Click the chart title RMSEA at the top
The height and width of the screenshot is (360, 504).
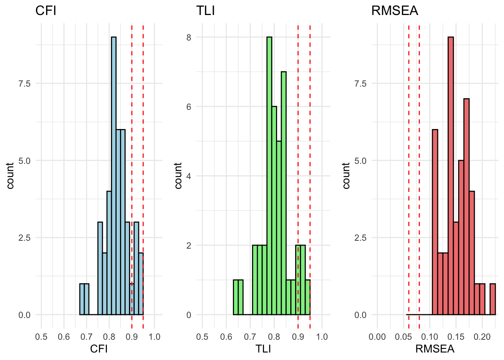tap(394, 10)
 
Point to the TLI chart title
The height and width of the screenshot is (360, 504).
tap(205, 10)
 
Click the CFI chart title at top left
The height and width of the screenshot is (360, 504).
tap(46, 10)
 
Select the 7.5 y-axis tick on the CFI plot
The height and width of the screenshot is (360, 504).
tap(24, 83)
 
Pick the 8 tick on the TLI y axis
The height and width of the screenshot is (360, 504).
tap(189, 37)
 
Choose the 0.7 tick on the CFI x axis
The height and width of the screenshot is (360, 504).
tap(87, 337)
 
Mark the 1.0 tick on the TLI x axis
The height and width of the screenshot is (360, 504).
tap(322, 337)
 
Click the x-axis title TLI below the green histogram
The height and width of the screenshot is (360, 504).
tap(263, 349)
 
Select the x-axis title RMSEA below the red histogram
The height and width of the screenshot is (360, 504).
tap(435, 349)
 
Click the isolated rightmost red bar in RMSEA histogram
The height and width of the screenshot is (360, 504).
tap(493, 299)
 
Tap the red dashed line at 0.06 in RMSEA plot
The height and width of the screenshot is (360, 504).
tap(409, 169)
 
